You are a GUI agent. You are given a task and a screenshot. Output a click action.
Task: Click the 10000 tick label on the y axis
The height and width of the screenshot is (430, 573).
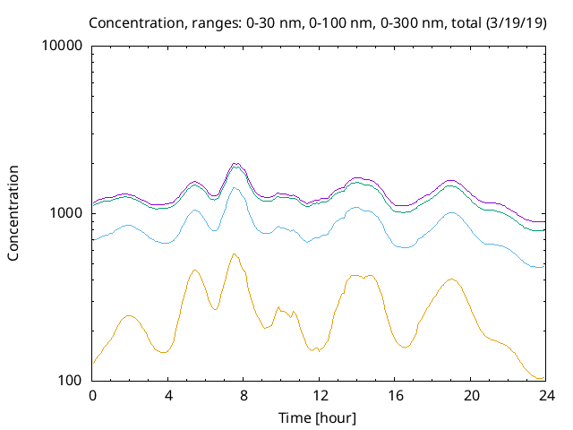62,46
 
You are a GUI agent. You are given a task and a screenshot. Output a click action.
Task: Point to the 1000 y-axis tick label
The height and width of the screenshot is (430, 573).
65,213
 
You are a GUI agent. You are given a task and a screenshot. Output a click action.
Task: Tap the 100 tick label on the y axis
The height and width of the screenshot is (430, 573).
69,381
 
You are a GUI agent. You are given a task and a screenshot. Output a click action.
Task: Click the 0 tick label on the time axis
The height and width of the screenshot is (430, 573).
92,395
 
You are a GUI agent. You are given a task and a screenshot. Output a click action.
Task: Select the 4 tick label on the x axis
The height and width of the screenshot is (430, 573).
168,395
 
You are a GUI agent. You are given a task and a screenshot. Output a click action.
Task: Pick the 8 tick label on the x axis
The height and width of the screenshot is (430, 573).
244,395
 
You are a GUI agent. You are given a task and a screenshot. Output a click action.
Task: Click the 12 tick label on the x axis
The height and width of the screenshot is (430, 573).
320,395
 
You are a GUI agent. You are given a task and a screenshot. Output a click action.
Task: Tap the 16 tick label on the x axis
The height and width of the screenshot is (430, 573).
395,395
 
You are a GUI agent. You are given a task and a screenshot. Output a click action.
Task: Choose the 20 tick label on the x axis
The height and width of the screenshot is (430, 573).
471,395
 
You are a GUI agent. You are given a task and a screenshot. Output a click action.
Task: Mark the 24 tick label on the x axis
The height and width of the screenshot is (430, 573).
546,395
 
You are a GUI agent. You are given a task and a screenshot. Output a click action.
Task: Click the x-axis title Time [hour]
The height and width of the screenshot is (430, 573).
319,417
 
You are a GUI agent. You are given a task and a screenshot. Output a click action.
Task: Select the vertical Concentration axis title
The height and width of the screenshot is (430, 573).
13,213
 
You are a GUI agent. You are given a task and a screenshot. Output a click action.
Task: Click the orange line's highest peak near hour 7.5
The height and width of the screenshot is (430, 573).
235,254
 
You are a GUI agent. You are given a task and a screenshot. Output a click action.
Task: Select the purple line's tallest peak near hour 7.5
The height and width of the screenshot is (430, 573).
235,163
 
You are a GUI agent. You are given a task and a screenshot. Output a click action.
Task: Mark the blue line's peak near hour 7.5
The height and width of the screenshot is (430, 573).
235,187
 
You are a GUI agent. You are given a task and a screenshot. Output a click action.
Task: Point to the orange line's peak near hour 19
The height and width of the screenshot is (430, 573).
453,279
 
